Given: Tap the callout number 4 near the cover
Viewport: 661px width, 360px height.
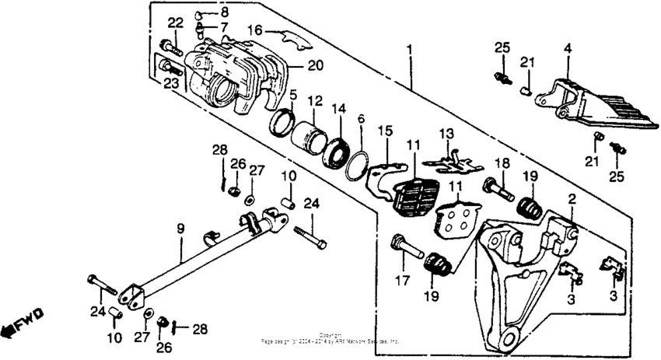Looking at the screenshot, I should click(x=568, y=48).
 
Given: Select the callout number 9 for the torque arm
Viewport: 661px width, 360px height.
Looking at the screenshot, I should click(x=180, y=229).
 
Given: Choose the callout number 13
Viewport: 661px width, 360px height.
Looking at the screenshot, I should click(x=446, y=136).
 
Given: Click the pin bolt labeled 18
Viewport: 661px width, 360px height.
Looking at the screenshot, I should click(x=496, y=187).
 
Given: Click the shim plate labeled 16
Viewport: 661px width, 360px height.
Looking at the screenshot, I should click(x=284, y=37).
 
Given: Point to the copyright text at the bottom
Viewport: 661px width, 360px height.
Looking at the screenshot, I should click(x=330, y=339).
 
